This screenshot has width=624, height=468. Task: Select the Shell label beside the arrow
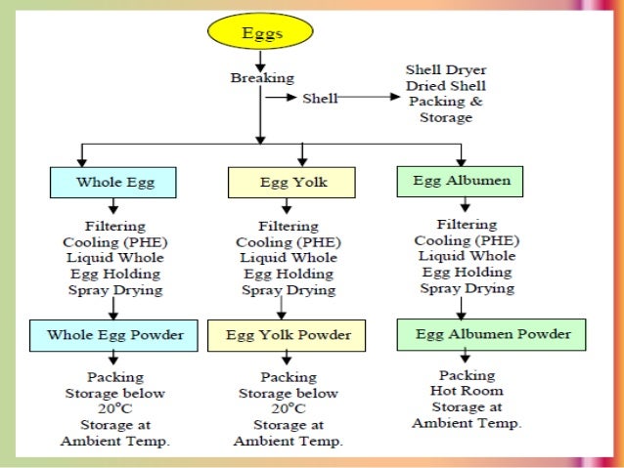click(321, 99)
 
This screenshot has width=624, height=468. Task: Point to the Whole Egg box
click(113, 183)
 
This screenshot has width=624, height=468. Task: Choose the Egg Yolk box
click(282, 183)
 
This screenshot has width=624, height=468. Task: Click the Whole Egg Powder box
click(113, 335)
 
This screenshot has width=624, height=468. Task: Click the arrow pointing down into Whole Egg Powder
click(114, 309)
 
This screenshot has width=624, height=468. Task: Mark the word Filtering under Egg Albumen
click(467, 225)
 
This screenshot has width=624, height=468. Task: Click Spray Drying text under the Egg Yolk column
click(288, 290)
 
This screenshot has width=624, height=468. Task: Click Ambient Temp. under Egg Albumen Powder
click(467, 423)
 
